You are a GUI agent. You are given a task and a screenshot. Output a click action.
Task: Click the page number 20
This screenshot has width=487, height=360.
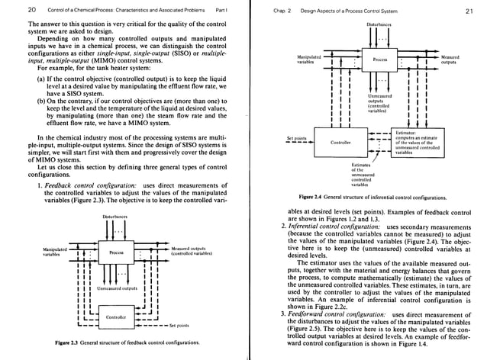[x=10, y=9]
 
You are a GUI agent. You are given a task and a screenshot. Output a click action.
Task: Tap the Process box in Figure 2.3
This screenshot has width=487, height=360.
[x=116, y=252]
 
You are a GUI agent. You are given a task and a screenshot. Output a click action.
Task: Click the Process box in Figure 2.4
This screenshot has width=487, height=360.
[x=379, y=58]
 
